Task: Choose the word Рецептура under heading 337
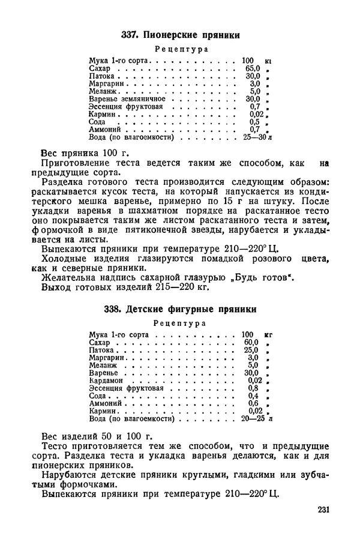tap(181, 49)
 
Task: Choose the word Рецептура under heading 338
tap(181, 323)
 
